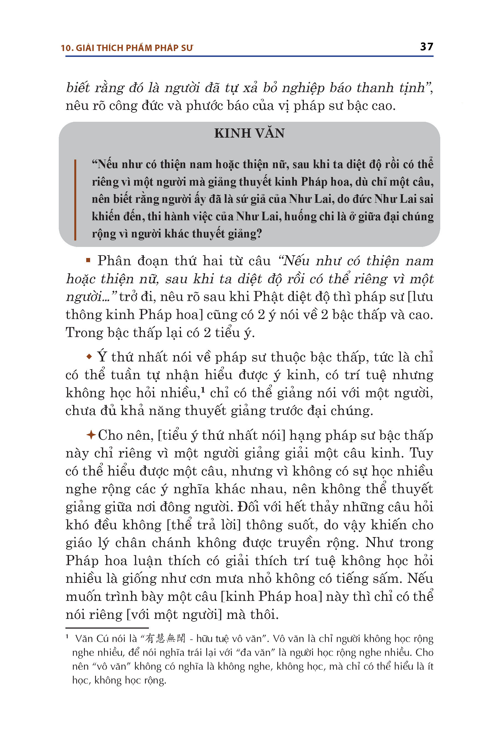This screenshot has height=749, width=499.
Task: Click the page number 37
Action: [x=426, y=47]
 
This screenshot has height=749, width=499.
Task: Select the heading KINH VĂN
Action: [x=249, y=133]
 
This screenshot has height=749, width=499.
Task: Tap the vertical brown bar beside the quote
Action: [x=75, y=200]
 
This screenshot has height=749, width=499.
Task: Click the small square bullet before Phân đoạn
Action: [x=88, y=260]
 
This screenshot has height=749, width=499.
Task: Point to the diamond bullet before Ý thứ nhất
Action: [x=90, y=356]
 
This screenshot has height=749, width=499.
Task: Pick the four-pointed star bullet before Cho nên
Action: [x=91, y=435]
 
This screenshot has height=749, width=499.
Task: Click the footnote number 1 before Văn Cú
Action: [x=67, y=636]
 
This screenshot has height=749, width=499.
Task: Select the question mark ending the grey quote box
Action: [x=259, y=234]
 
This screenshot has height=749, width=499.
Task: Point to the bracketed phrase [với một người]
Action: [x=174, y=614]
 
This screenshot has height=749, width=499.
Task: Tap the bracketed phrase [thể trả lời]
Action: [x=204, y=525]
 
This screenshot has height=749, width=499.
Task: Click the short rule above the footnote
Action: [x=103, y=628]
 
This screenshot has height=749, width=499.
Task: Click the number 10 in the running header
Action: [x=66, y=48]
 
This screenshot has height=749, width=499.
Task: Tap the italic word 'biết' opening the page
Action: [x=78, y=88]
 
